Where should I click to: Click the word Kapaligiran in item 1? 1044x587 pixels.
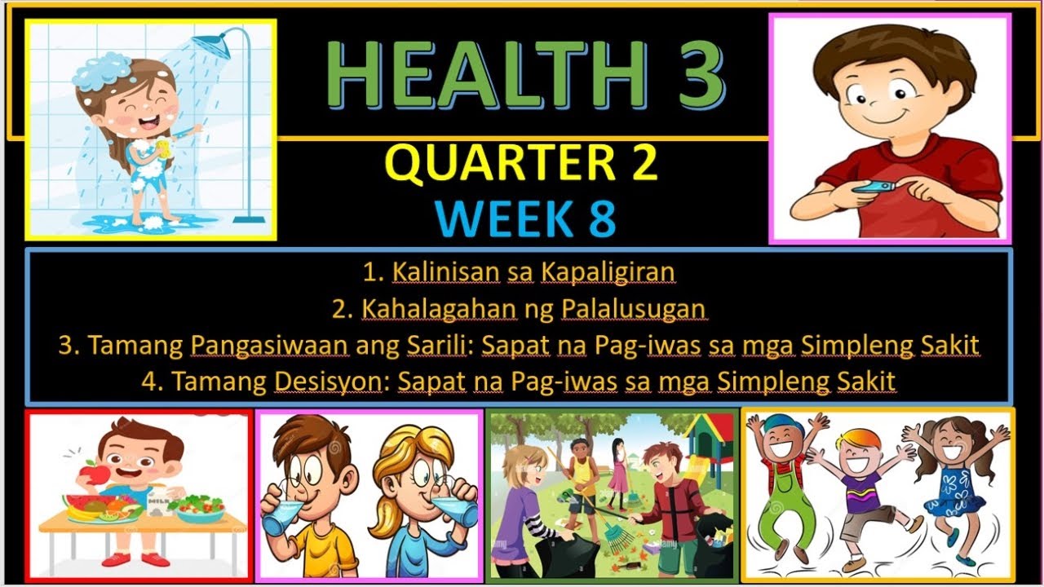(x=607, y=273)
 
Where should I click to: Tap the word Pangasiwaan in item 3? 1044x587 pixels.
(x=269, y=345)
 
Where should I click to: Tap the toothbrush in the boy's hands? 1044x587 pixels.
(x=873, y=188)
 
